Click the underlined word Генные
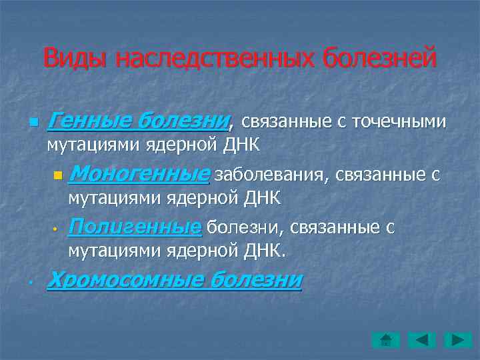pyautogui.click(x=89, y=121)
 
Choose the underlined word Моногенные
pyautogui.click(x=139, y=175)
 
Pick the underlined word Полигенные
pyautogui.click(x=135, y=227)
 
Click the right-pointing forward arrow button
pyautogui.click(x=459, y=339)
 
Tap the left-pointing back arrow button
pyautogui.click(x=421, y=339)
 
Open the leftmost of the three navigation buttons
pyautogui.click(x=385, y=339)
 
